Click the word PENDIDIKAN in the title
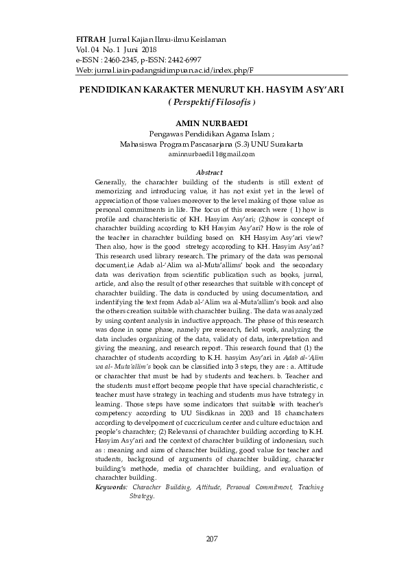coord(111,90)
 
